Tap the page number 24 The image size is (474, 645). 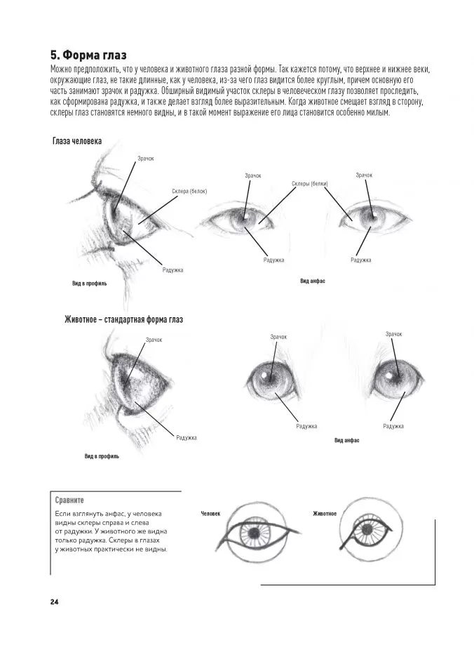pos(54,601)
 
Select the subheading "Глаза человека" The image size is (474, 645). pos(77,141)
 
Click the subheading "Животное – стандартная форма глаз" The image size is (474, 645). pos(123,320)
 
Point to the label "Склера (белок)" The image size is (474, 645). pos(189,191)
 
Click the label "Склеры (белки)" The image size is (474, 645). pos(310,184)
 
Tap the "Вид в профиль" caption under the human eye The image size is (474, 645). pos(89,284)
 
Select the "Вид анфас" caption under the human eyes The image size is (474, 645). pos(312,281)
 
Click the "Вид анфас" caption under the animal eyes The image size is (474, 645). pos(346,440)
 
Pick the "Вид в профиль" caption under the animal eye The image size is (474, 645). pos(102,456)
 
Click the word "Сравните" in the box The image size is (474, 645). pos(69,501)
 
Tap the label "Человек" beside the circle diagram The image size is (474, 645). pos(210,514)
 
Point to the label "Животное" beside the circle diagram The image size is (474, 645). pos(325,514)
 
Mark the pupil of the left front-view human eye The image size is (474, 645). pos(245,219)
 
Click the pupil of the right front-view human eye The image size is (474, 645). pos(372,216)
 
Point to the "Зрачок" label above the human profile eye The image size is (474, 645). pos(145,159)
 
